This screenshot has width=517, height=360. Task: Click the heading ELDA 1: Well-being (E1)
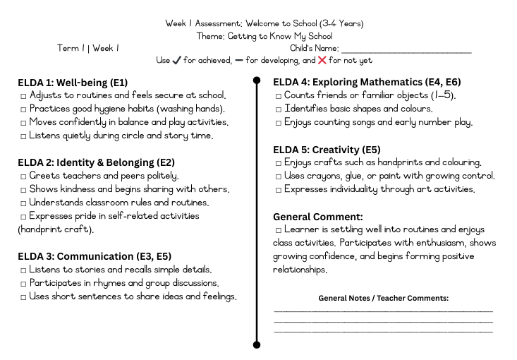(x=73, y=81)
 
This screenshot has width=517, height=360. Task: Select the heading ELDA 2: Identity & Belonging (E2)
(x=96, y=162)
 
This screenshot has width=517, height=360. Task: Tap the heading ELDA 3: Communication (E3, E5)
(x=95, y=256)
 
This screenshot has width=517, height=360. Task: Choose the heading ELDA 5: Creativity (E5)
(x=327, y=149)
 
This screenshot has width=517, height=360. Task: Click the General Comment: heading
(x=318, y=217)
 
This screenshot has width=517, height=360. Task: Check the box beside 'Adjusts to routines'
(x=23, y=95)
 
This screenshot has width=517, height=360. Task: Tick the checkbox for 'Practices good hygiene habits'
(x=23, y=109)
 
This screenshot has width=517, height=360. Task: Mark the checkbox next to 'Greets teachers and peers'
(x=23, y=176)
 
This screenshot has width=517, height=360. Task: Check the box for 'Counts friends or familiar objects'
(x=279, y=95)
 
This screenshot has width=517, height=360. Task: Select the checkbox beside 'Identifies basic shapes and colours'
(x=279, y=109)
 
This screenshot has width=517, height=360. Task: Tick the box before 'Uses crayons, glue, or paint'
(x=279, y=176)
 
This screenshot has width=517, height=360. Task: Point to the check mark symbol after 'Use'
(x=176, y=61)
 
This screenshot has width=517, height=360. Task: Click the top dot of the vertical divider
(x=257, y=80)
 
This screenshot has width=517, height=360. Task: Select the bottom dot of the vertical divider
(x=257, y=345)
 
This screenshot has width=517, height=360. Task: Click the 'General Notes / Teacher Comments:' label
(x=383, y=299)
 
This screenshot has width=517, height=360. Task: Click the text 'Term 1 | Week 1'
(x=88, y=48)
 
